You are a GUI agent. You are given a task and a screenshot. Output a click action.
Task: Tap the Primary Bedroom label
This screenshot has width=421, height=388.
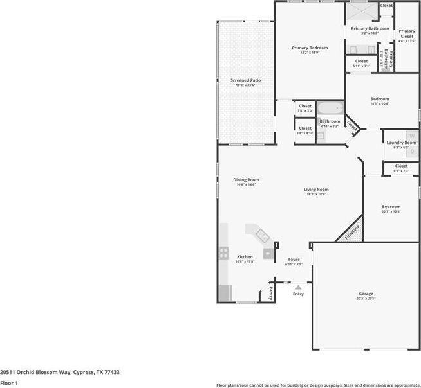point(310,48)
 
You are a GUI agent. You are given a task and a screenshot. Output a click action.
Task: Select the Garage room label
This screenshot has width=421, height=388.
point(366,294)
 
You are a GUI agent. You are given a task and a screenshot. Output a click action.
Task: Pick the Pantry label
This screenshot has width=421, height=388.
point(270,294)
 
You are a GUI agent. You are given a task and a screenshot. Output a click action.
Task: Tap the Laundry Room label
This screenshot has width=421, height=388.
point(397,142)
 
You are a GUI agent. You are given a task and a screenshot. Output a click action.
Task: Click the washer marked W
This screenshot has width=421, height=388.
point(412,136)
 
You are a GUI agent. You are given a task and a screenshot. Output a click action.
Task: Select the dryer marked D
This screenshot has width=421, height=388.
point(412,152)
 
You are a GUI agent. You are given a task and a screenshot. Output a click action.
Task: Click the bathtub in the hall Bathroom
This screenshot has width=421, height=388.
point(330,108)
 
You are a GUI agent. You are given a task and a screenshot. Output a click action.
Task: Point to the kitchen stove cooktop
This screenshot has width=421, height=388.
point(223,252)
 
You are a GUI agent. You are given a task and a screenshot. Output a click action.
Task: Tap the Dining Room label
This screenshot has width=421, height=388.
point(246,180)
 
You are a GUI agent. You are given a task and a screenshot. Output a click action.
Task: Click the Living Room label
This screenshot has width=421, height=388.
point(316,190)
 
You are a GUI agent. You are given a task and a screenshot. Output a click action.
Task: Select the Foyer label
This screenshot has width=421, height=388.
point(294,260)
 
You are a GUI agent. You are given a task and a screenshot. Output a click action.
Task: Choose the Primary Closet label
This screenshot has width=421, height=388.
point(406,33)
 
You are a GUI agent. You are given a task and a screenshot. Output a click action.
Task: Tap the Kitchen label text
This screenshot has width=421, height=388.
point(245,257)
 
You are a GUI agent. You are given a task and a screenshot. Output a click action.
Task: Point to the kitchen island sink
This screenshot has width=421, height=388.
point(261,235)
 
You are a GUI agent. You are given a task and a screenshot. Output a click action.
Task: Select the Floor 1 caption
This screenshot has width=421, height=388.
point(9,383)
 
